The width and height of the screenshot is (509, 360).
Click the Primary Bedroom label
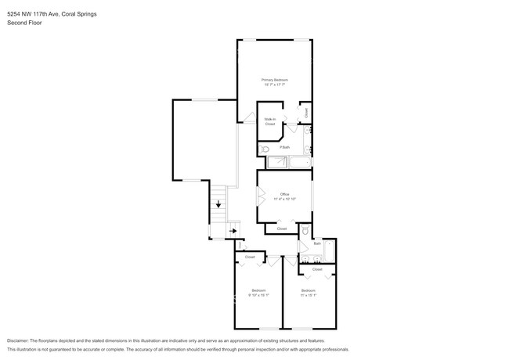click(x=275, y=80)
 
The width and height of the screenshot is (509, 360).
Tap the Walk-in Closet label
click(x=269, y=121)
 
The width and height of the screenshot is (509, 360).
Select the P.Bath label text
click(x=285, y=147)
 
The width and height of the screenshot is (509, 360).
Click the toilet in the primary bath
click(x=265, y=148)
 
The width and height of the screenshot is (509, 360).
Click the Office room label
click(x=284, y=194)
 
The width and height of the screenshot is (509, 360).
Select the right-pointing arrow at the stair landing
click(x=233, y=231)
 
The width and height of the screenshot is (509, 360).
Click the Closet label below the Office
click(x=281, y=229)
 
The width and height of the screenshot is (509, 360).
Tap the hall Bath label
click(x=317, y=243)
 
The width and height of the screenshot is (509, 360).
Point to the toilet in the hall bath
click(x=306, y=232)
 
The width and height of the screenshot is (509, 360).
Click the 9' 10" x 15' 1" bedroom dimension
click(x=258, y=295)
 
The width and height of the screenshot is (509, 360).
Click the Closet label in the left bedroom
click(x=250, y=257)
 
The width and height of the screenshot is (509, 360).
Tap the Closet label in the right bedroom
click(x=317, y=269)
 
